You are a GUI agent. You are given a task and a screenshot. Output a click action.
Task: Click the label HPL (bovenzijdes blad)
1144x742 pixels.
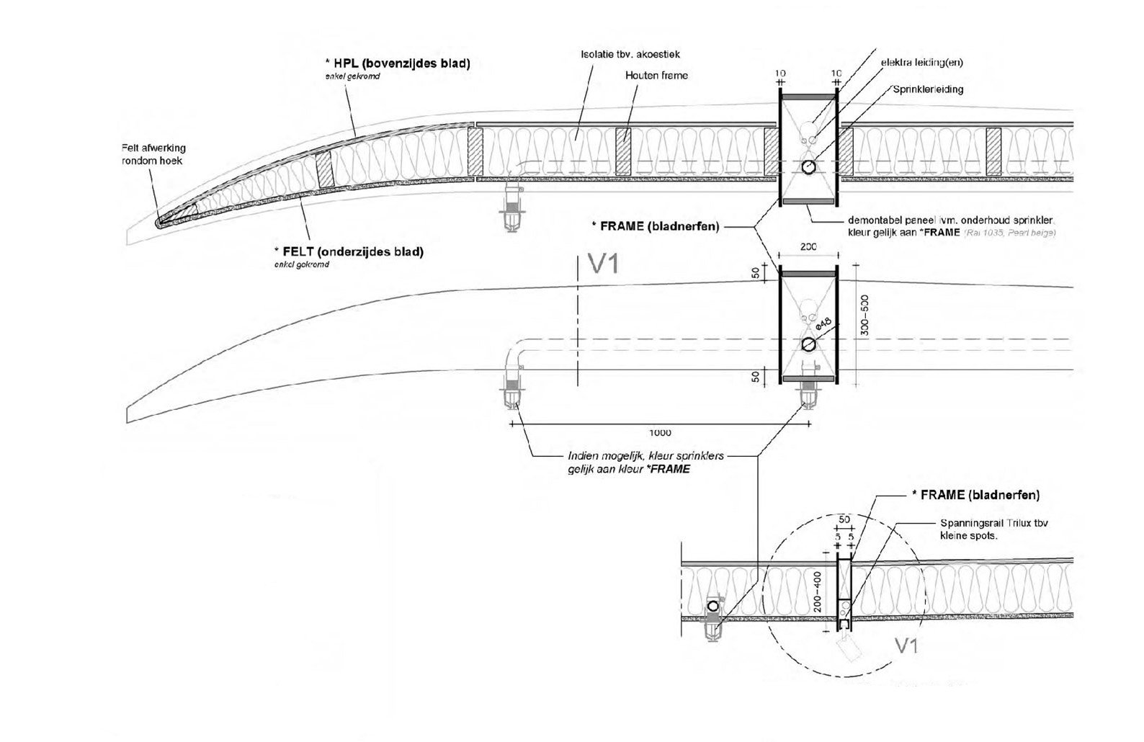[401, 63]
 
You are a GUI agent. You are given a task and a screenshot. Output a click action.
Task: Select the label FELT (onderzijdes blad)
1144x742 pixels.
[349, 252]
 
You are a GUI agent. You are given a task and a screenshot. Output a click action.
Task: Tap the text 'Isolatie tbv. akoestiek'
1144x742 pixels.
[630, 54]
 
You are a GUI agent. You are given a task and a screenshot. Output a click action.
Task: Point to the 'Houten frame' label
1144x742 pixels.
[656, 75]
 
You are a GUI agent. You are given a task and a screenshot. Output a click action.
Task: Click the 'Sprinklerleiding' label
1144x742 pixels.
[928, 89]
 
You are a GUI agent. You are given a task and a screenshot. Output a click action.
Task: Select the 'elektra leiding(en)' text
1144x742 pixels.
[921, 63]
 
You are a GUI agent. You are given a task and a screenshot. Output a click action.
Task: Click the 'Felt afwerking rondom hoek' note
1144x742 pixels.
[153, 154]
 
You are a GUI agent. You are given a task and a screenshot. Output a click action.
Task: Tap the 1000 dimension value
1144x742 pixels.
[660, 433]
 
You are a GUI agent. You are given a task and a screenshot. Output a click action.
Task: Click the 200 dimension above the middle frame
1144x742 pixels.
[808, 247]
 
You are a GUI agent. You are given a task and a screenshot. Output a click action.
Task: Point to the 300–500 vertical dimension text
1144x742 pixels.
[865, 315]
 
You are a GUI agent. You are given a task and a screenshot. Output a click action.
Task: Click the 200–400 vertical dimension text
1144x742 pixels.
[817, 592]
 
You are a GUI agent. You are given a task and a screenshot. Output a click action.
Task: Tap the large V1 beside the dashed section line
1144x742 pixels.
[604, 264]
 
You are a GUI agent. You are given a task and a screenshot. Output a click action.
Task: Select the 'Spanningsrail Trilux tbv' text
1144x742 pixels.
[994, 524]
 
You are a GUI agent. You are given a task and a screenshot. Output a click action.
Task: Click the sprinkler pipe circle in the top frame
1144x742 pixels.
[808, 167]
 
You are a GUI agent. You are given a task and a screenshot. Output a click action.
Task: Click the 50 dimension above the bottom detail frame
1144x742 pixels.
[844, 519]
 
